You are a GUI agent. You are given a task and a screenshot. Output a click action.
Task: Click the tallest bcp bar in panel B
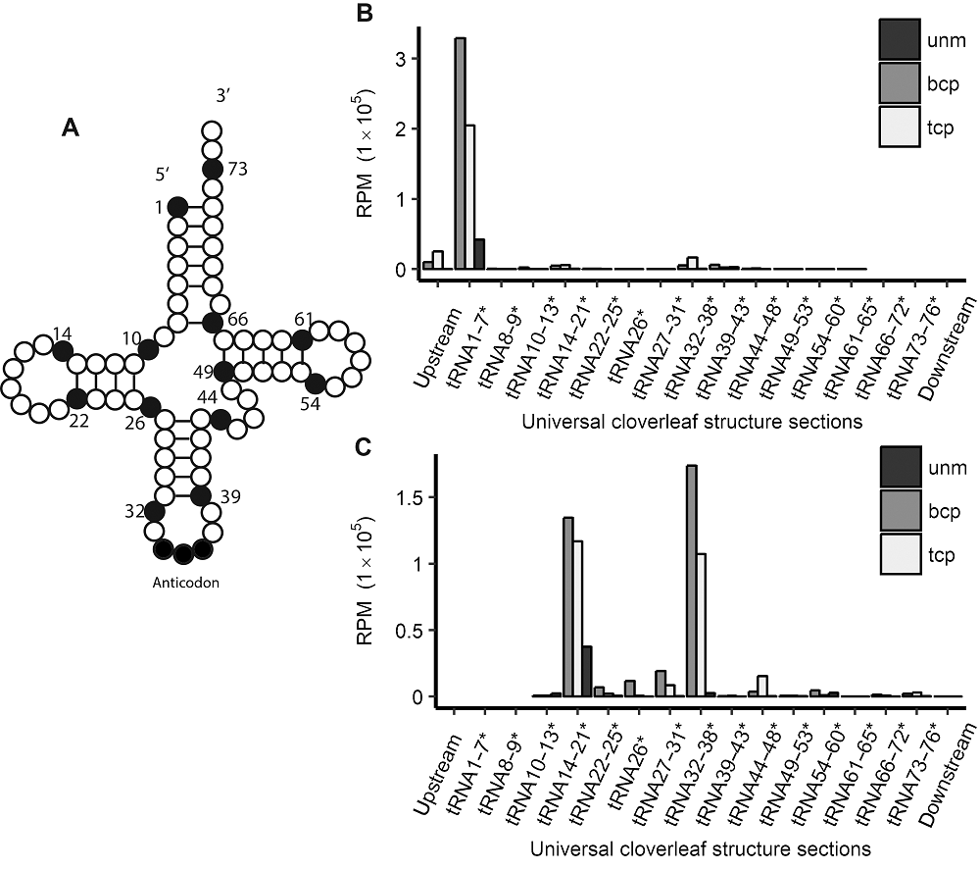pyautogui.click(x=460, y=153)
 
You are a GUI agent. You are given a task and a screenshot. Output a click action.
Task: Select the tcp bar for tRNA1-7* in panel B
pyautogui.click(x=470, y=197)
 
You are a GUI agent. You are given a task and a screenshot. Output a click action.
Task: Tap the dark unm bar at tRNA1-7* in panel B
pyautogui.click(x=480, y=254)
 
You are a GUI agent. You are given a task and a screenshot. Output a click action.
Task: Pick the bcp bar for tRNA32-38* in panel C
pyautogui.click(x=692, y=581)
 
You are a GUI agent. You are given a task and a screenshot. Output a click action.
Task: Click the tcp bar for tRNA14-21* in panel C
pyautogui.click(x=578, y=619)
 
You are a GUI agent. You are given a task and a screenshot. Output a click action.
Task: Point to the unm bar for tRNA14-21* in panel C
pyautogui.click(x=587, y=671)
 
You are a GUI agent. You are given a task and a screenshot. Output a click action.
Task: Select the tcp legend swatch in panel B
pyautogui.click(x=900, y=127)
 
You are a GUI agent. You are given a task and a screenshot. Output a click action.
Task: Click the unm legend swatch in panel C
pyautogui.click(x=901, y=467)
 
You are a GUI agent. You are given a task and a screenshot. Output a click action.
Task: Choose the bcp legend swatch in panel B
pyautogui.click(x=900, y=82)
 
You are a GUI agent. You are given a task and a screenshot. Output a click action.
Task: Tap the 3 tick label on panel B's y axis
pyautogui.click(x=400, y=60)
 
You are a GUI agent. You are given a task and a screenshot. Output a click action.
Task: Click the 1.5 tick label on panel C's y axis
pyautogui.click(x=410, y=498)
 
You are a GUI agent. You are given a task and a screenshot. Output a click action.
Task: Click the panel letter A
pyautogui.click(x=71, y=128)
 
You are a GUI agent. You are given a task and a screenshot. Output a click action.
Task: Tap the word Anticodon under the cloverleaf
pyautogui.click(x=186, y=583)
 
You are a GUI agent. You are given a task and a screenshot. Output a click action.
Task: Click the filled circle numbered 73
pyautogui.click(x=213, y=169)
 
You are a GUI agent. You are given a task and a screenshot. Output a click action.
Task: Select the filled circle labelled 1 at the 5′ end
pyautogui.click(x=178, y=206)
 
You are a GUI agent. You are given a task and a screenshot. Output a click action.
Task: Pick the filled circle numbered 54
pyautogui.click(x=316, y=383)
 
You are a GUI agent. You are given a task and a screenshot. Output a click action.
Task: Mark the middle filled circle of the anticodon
pyautogui.click(x=183, y=554)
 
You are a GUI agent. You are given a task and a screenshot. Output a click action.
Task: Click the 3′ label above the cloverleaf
pyautogui.click(x=222, y=96)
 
